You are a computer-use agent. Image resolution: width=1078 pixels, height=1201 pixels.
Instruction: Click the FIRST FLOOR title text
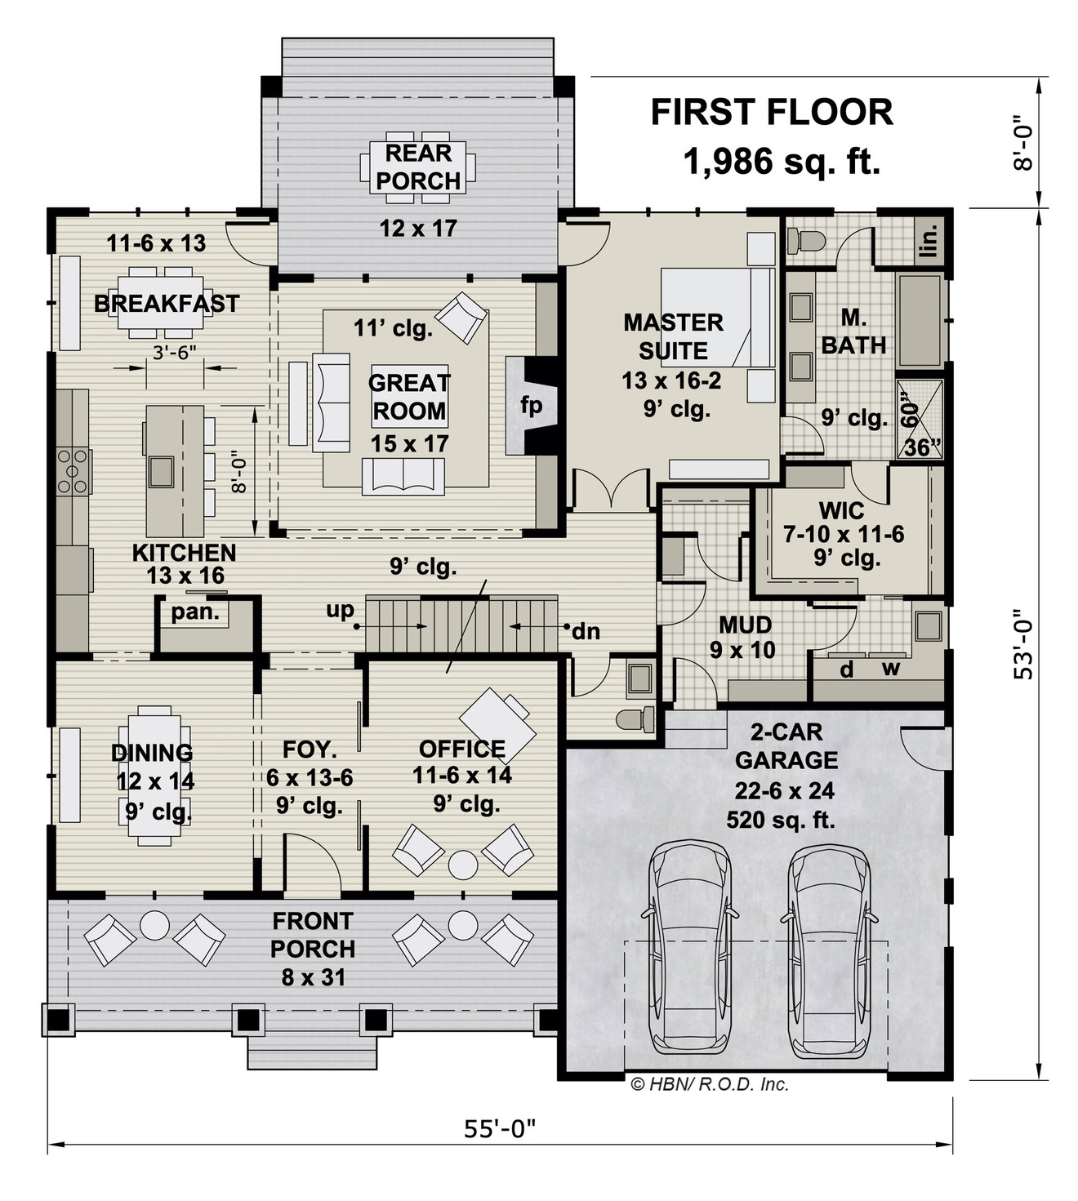click(771, 113)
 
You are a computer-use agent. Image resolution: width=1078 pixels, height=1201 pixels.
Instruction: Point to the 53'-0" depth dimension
click(1022, 645)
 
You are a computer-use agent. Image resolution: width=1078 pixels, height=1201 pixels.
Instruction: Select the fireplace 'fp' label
click(532, 406)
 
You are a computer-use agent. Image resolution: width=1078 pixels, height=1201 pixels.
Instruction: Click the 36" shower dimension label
click(924, 447)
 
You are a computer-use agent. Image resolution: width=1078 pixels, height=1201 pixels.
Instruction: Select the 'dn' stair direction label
click(586, 630)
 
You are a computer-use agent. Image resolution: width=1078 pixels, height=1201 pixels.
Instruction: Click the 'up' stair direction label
click(340, 610)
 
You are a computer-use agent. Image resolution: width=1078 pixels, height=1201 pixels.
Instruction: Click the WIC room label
click(841, 511)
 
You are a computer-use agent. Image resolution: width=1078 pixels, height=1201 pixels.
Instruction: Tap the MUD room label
click(745, 625)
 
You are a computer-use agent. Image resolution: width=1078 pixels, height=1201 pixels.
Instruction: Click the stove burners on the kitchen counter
click(73, 471)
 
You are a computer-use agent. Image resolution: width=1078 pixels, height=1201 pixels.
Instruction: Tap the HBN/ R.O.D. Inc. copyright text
click(710, 1084)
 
